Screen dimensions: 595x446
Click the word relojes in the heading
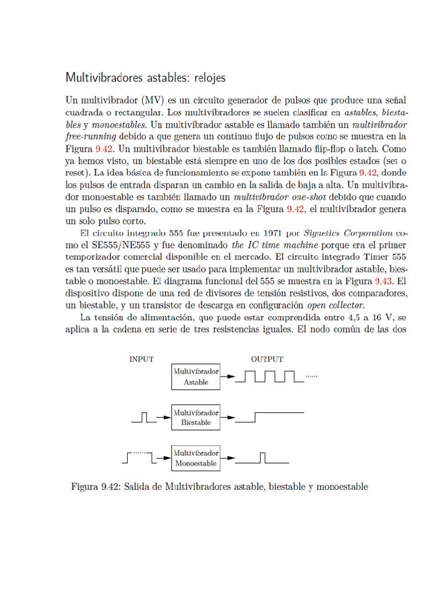click(204, 77)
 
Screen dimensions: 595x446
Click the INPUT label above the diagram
click(141, 359)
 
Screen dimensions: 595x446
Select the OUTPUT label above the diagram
click(267, 359)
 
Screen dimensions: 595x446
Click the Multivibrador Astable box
click(196, 377)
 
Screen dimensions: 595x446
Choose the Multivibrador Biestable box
click(196, 417)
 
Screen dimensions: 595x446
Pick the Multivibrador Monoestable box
click(196, 458)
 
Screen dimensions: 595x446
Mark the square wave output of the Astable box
click(270, 377)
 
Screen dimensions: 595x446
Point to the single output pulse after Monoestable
click(263, 458)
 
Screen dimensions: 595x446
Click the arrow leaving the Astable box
click(229, 377)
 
